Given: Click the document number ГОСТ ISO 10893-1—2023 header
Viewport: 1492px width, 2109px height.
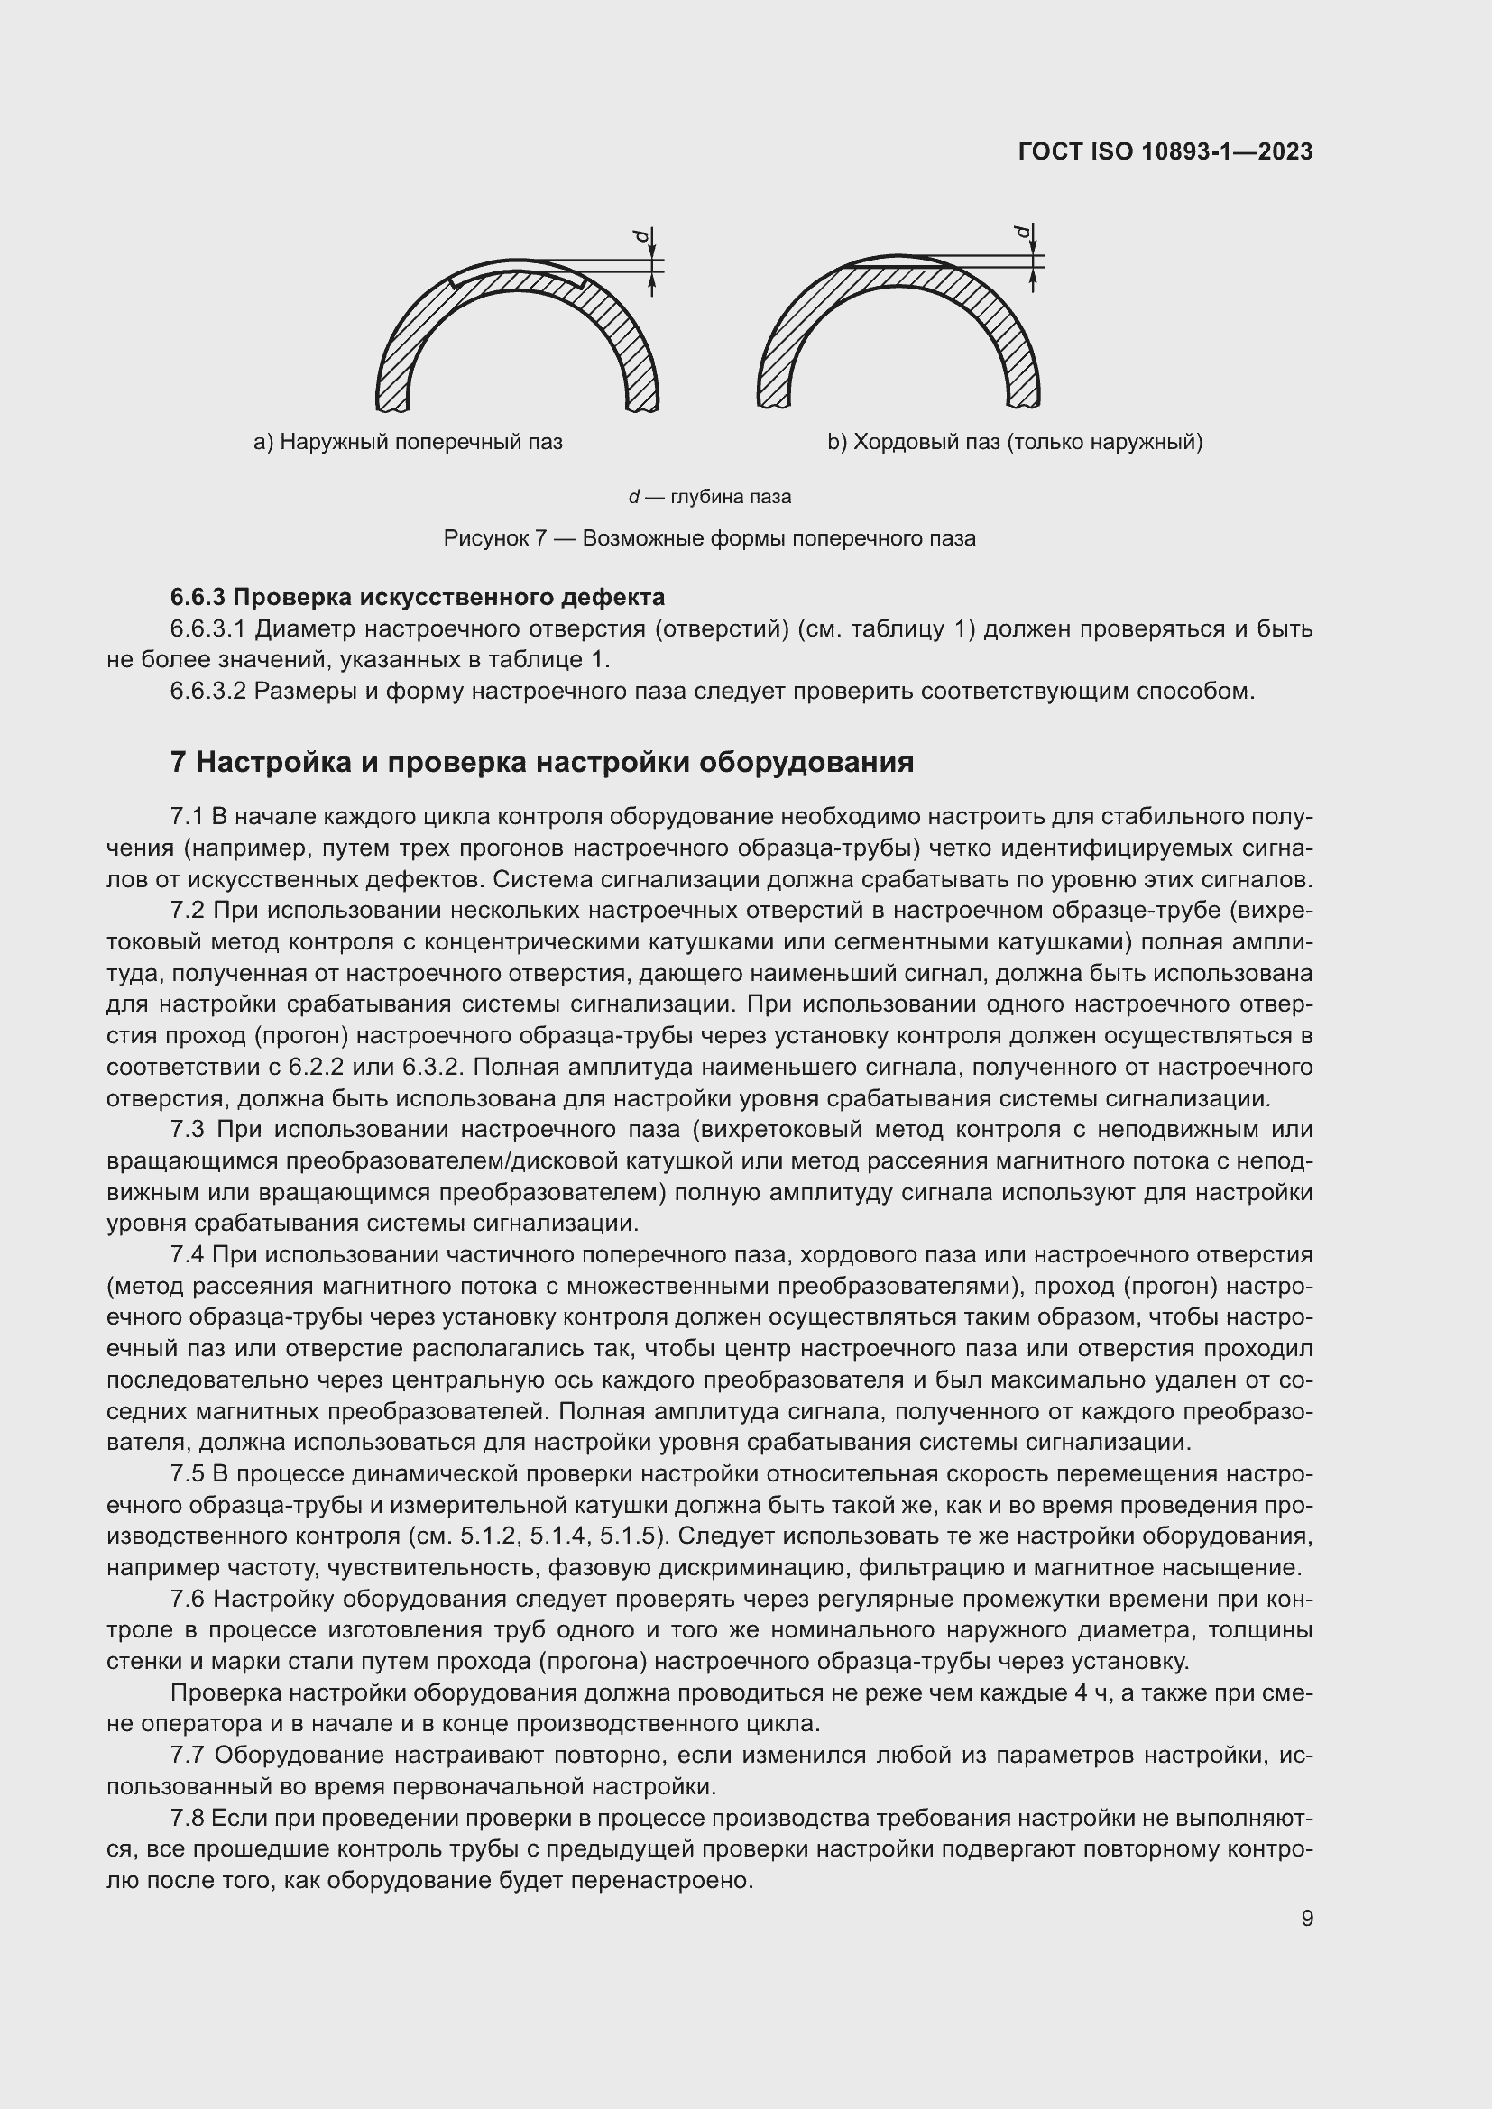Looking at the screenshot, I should [1165, 151].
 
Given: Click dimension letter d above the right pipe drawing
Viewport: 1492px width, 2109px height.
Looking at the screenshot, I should [1023, 232].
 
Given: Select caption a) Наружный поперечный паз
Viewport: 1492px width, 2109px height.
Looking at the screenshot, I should [408, 442].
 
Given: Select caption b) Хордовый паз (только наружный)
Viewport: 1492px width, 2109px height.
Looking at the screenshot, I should [1015, 442].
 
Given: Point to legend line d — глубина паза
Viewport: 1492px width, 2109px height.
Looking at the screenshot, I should [709, 497].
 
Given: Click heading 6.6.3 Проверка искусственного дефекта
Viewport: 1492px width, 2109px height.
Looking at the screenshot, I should [418, 597].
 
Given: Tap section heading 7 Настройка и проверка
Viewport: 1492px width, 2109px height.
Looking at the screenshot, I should [542, 762].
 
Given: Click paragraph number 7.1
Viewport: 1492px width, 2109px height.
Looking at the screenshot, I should [188, 817].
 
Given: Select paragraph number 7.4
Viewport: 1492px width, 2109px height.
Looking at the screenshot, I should [189, 1255].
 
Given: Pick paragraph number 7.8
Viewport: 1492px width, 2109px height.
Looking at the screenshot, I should [189, 1819].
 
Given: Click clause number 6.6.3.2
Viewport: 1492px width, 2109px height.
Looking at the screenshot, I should [208, 691].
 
